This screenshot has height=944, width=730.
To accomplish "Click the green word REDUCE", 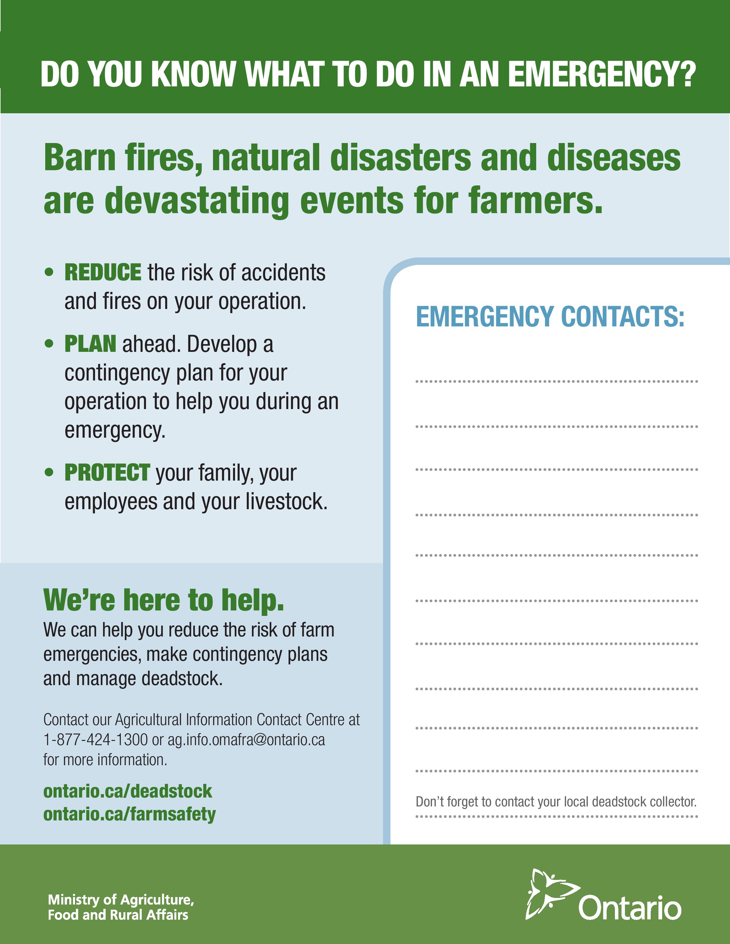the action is (x=103, y=272).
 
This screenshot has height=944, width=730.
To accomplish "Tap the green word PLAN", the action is (x=90, y=344).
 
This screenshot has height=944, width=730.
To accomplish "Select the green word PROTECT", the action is (x=107, y=473).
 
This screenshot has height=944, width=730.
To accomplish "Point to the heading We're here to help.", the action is (x=164, y=600).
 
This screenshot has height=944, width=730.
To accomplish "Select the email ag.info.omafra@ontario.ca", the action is (x=246, y=740).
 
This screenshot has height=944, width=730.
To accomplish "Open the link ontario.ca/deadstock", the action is (x=128, y=791).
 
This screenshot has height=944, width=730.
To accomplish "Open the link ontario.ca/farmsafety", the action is (x=130, y=814).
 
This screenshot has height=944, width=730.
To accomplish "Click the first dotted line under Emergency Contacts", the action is (x=557, y=382).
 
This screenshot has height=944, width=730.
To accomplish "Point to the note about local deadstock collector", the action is (x=556, y=802).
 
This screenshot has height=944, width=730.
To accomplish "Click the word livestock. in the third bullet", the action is (x=287, y=501).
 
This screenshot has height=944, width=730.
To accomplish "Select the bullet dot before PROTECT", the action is (x=49, y=473).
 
